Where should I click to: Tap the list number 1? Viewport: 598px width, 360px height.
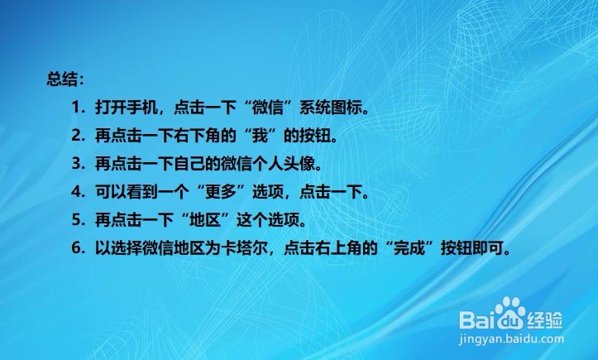[x=77, y=108]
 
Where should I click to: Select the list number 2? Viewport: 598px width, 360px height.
[x=77, y=136]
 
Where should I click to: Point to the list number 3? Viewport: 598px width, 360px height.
[x=77, y=164]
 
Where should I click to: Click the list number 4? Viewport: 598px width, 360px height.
[x=77, y=192]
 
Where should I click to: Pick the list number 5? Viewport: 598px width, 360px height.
[x=77, y=220]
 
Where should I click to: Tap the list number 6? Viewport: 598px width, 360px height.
[x=77, y=248]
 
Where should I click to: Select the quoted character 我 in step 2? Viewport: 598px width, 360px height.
[x=260, y=136]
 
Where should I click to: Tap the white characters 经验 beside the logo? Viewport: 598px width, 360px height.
[x=544, y=320]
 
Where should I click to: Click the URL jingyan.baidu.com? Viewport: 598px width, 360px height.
[x=511, y=339]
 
